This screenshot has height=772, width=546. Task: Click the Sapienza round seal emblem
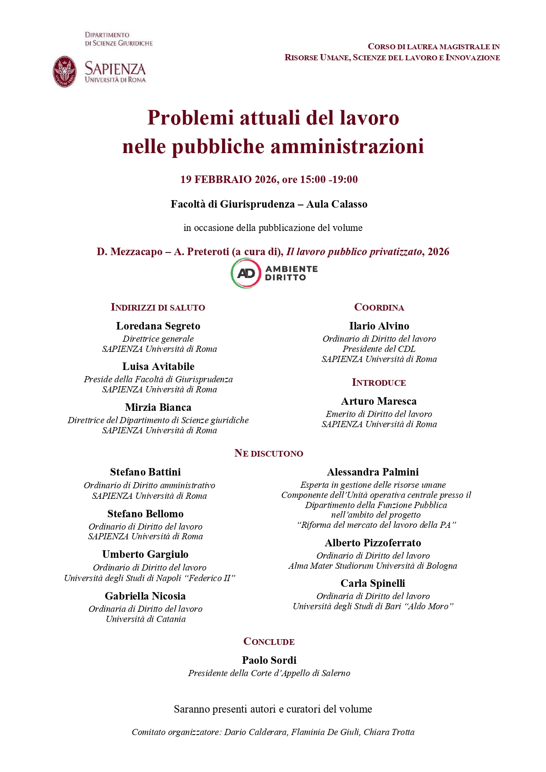[x=65, y=71]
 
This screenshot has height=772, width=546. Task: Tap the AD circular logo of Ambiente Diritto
[x=246, y=273]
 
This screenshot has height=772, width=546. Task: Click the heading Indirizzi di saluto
[x=158, y=307]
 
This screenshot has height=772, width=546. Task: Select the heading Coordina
[x=379, y=307]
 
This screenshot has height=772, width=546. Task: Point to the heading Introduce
[x=379, y=383]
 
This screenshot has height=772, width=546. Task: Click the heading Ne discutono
[x=269, y=454]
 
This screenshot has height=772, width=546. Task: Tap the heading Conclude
[x=269, y=642]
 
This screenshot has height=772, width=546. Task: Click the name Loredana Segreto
[x=158, y=326]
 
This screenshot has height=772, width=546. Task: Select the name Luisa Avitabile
[x=158, y=366]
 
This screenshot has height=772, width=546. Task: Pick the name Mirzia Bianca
[x=158, y=407]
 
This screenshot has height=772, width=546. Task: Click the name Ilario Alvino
[x=379, y=326]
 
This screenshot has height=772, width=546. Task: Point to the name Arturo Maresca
[x=379, y=401]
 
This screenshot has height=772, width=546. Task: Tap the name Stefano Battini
[x=145, y=472]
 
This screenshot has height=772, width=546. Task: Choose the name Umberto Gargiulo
[x=145, y=554]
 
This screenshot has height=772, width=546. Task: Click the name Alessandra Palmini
[x=373, y=472]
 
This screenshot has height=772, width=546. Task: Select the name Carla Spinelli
[x=373, y=583]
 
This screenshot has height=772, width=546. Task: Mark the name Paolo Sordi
[x=269, y=660]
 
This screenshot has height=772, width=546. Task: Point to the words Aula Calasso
[x=337, y=204]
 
